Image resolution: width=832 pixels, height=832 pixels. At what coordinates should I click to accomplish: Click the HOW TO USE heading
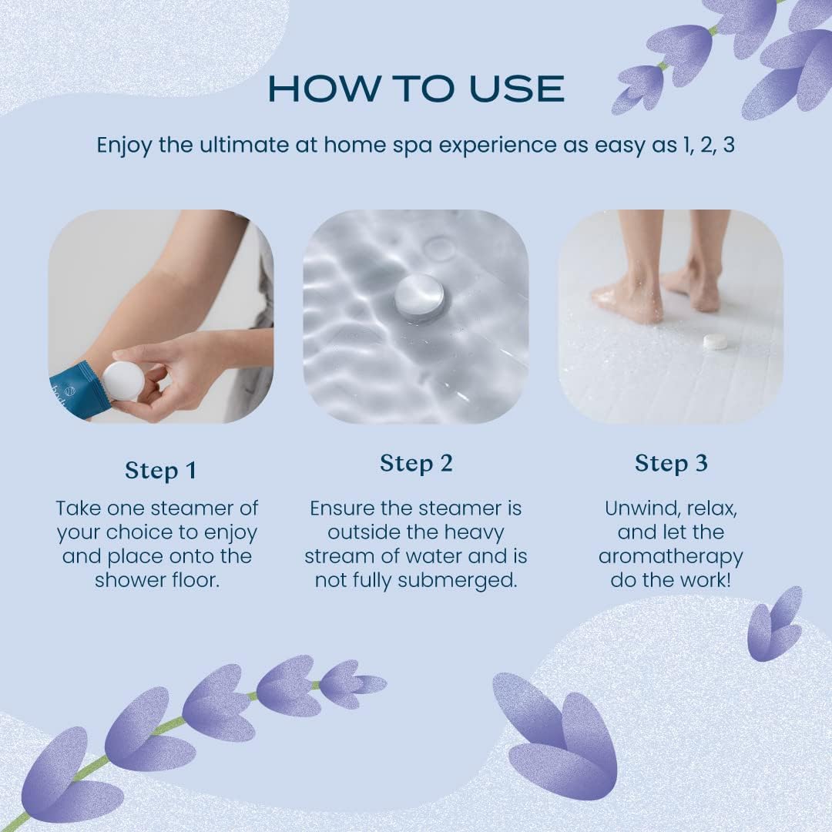point(416,89)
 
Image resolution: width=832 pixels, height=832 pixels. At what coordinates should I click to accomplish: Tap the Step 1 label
point(160,470)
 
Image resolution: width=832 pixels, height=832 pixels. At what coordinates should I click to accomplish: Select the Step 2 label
point(416,463)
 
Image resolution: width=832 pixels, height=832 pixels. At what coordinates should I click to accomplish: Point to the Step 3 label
point(670,463)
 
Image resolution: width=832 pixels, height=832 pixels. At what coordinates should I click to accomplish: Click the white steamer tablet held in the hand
point(124,381)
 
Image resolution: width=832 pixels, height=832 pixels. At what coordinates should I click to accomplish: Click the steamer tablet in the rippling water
point(419,295)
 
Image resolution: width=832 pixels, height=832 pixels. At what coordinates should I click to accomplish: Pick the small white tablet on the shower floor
point(716,341)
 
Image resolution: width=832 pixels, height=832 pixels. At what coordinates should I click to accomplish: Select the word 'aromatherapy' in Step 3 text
point(670,556)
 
